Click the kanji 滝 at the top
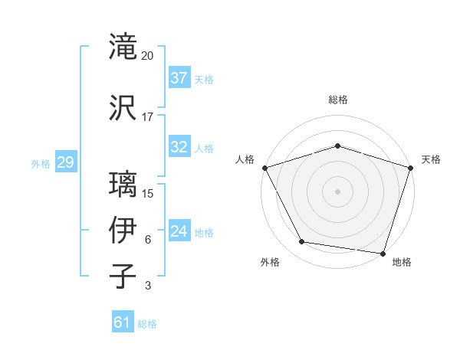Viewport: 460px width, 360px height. [123, 47]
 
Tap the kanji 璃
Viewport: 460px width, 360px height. [123, 185]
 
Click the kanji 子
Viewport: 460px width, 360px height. [123, 277]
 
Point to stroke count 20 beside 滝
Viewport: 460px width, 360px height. [148, 56]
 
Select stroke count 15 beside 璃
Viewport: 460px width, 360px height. [148, 193]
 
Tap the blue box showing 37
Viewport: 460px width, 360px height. [179, 78]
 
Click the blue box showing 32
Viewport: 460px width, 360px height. [179, 147]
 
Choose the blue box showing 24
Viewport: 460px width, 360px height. [179, 231]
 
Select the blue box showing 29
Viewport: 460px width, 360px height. [65, 163]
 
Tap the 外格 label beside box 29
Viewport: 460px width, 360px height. [41, 164]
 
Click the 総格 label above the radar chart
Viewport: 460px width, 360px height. [337, 100]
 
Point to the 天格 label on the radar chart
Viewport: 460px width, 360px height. [431, 159]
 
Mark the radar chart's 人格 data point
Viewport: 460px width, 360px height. [264, 168]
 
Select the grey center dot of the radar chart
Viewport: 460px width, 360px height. [337, 191]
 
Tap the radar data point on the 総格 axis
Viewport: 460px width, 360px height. [337, 146]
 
